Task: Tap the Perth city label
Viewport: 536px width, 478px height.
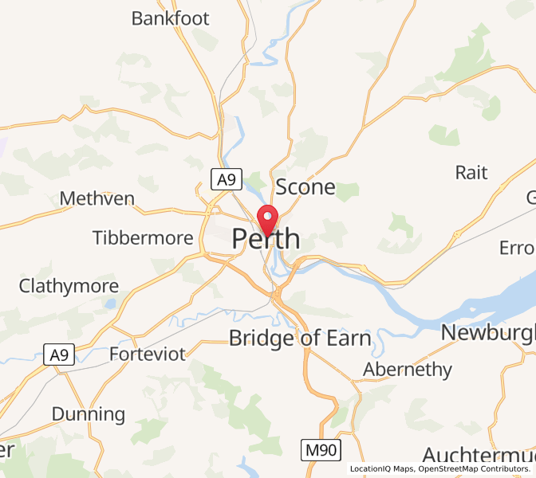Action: coord(266,239)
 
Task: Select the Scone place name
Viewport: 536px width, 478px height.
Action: coord(305,188)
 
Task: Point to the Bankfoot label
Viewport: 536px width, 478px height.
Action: coord(171,18)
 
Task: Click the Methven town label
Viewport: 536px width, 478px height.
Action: coord(97,198)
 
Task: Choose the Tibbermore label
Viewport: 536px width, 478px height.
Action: coord(143,237)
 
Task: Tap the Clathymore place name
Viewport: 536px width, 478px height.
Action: coord(69,285)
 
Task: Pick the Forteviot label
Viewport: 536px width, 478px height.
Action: coord(148,353)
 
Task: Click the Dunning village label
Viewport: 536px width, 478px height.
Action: coord(89,413)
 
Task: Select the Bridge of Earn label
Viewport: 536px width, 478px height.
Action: coord(300,338)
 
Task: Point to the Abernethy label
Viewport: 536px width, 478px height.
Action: coord(408,370)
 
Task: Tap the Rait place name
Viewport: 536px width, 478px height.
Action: coord(471,172)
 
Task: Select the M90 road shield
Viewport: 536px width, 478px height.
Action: coord(321,450)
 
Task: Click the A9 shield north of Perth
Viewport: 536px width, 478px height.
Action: coord(227,180)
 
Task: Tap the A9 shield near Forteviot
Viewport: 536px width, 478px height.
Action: coord(59,355)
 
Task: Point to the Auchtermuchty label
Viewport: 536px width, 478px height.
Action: coord(479,456)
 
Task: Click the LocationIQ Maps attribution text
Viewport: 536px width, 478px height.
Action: coord(380,468)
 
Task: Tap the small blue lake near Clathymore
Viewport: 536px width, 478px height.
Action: coord(109,304)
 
